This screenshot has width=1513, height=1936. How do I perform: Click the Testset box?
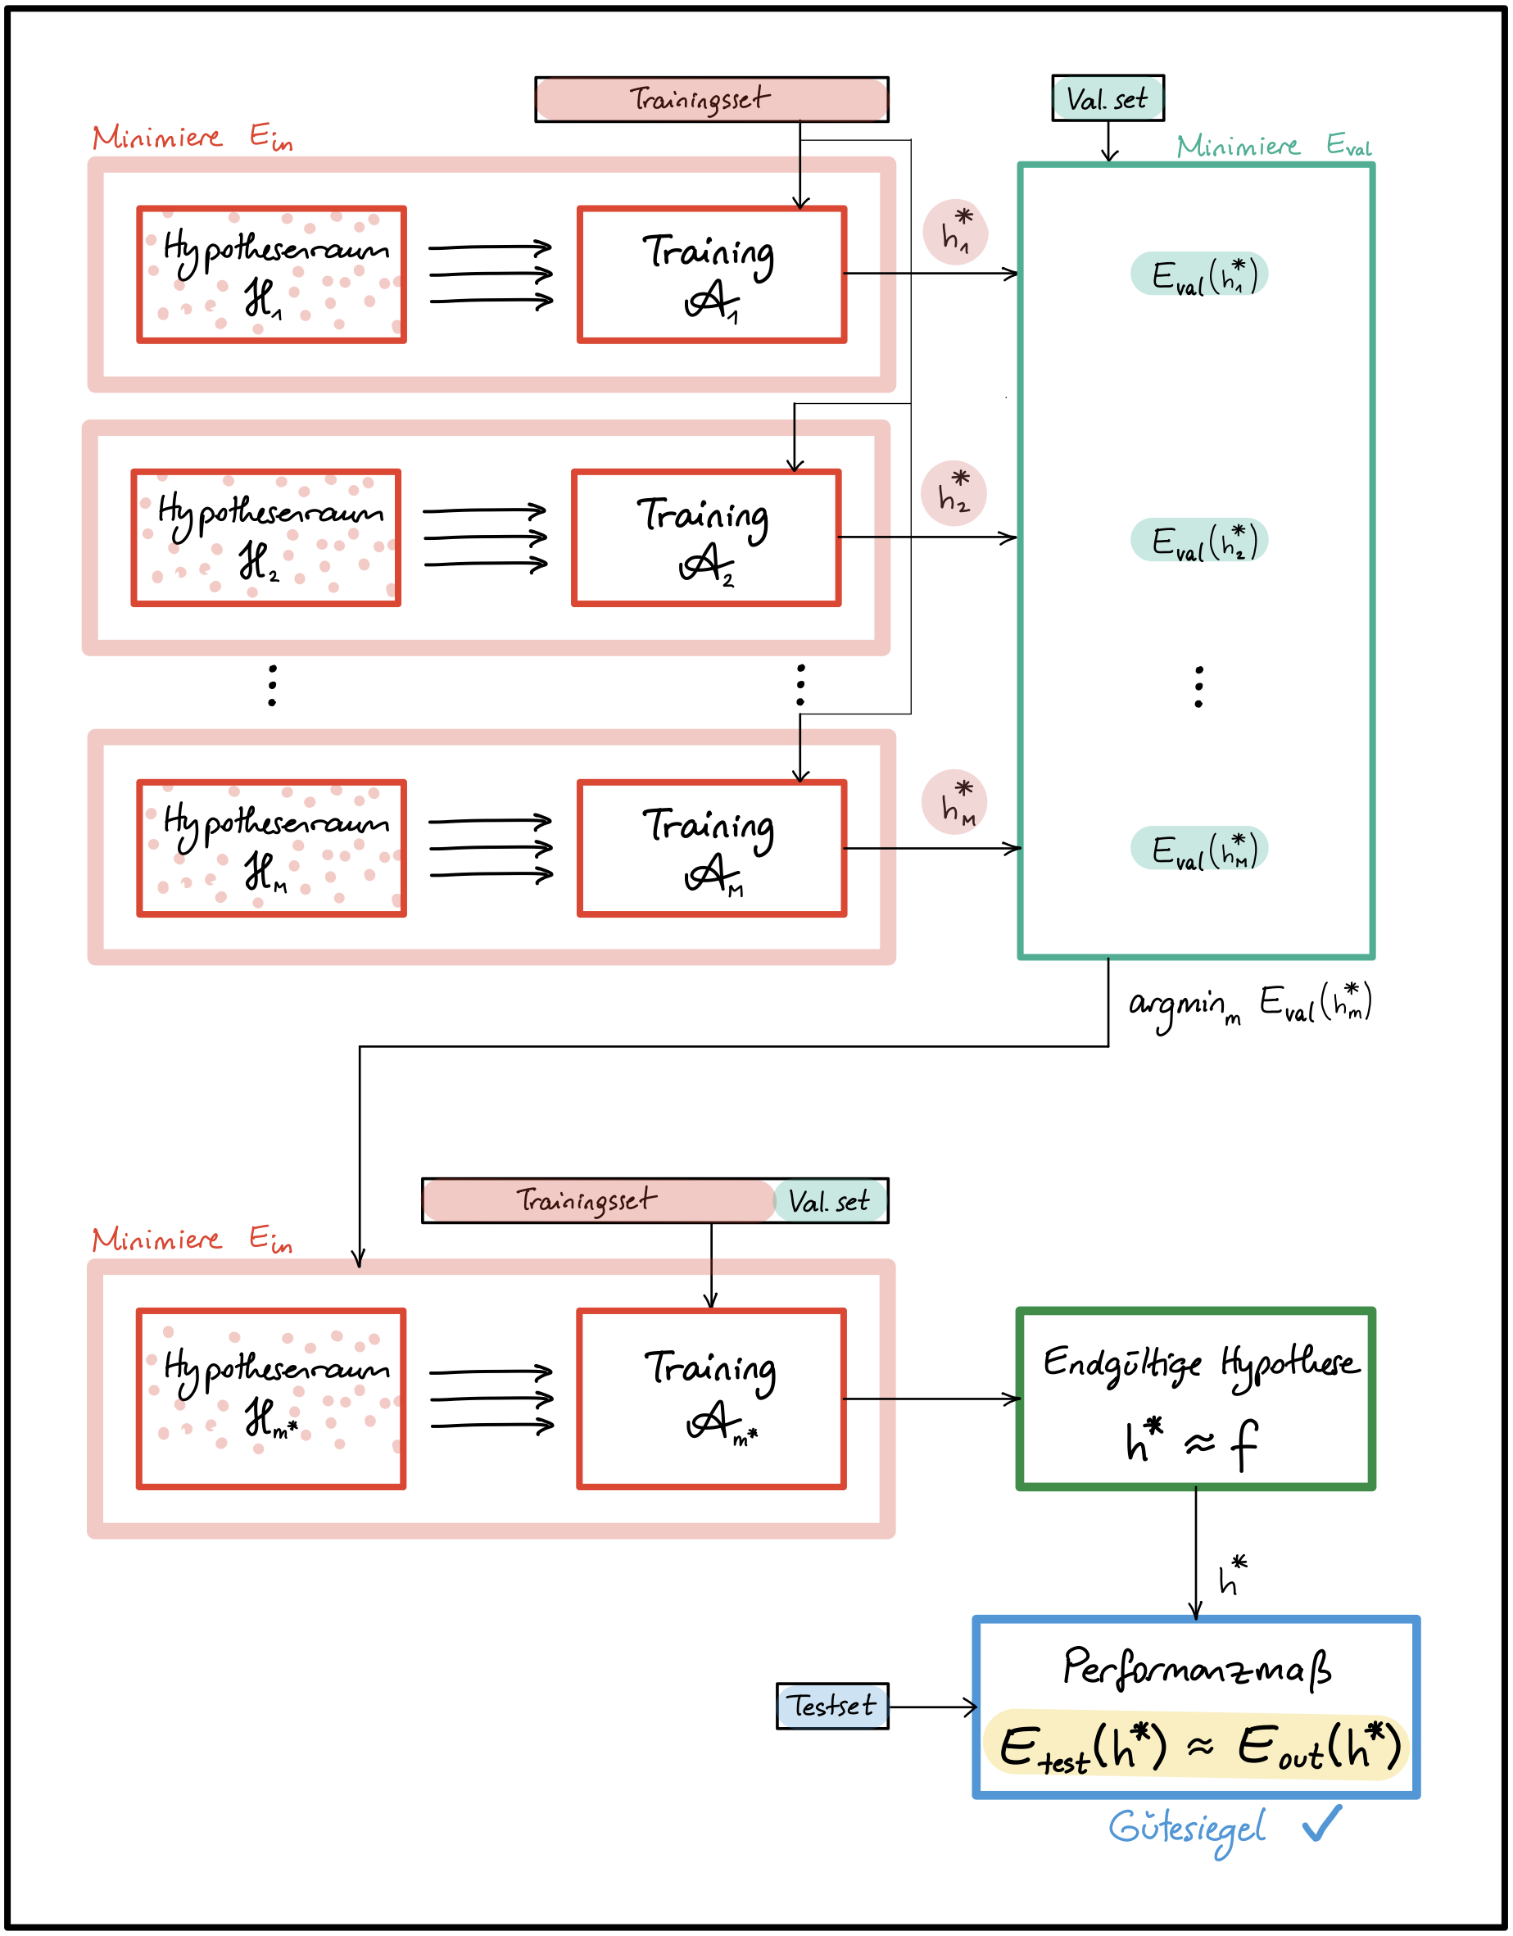(831, 1706)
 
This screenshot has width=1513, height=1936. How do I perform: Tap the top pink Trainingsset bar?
(711, 99)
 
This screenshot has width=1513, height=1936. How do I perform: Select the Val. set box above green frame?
(1107, 98)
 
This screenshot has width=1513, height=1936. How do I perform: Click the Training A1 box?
(711, 274)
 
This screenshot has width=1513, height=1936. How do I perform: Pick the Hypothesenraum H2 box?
(266, 538)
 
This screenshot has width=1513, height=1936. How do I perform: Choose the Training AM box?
(711, 848)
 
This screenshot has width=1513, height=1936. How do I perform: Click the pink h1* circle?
(955, 232)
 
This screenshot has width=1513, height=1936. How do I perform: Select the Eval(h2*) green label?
(1198, 540)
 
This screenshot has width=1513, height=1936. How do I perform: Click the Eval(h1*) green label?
(1198, 274)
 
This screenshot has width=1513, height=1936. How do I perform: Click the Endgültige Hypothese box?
(1195, 1399)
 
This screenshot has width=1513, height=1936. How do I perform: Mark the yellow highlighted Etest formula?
(1197, 1746)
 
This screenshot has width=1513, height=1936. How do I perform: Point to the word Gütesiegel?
(1187, 1829)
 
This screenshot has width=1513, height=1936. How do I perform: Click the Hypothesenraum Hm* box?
(271, 1399)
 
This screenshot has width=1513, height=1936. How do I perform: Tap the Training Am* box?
(711, 1399)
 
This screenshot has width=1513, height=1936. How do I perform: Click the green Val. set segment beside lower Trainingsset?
(830, 1201)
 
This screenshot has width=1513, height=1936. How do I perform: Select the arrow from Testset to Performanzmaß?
(932, 1707)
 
